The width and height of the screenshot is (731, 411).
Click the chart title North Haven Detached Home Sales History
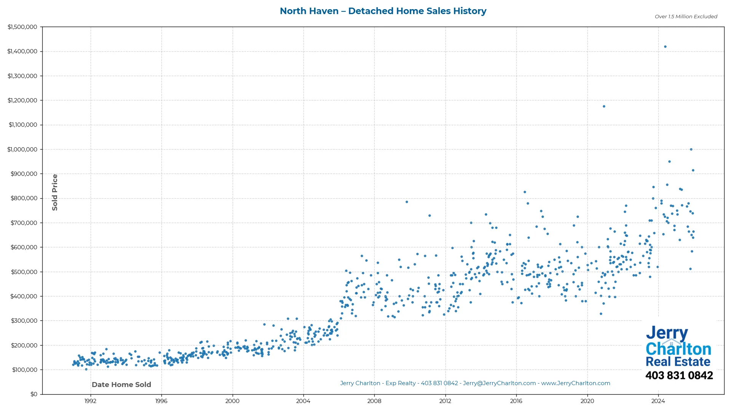[x=383, y=11]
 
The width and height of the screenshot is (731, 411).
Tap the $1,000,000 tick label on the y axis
[x=22, y=150]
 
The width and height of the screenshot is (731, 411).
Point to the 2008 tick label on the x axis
[x=374, y=401]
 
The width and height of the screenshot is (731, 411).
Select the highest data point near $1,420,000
[x=665, y=47]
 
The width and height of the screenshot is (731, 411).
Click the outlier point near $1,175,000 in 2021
[x=604, y=107]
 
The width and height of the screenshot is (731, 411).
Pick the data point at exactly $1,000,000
[x=691, y=150]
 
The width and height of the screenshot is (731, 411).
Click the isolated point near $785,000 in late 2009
[x=407, y=202]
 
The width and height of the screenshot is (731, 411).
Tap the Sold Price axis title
[x=55, y=192]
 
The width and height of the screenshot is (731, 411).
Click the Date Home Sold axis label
[x=121, y=385]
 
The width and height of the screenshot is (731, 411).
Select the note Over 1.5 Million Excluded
[x=686, y=17]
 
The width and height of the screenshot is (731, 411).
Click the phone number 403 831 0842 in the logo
[x=679, y=376]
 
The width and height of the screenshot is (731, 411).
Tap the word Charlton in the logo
[x=678, y=349]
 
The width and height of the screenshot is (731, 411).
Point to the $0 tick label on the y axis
[x=34, y=394]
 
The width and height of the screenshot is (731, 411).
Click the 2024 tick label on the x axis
[x=658, y=401]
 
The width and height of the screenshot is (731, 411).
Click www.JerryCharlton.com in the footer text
[x=575, y=383]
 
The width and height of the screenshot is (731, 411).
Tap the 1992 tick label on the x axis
[x=90, y=401]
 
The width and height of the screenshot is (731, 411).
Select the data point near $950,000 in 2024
[x=669, y=162]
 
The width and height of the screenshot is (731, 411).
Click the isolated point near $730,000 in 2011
[x=429, y=216]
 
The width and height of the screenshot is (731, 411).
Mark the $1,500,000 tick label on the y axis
[x=22, y=27]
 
